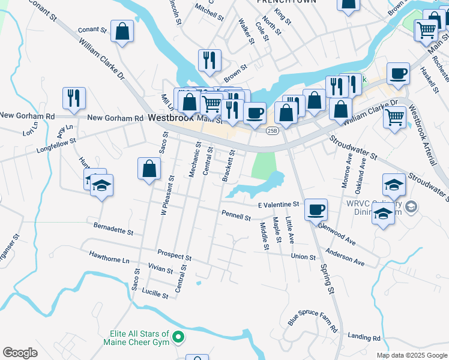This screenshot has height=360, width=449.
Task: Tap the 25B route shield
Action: pyautogui.click(x=273, y=131)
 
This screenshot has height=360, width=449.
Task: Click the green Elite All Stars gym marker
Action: pyautogui.click(x=178, y=338)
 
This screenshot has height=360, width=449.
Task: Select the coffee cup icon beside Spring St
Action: pyautogui.click(x=316, y=210)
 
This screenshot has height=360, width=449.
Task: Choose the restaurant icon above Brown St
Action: pyautogui.click(x=209, y=60)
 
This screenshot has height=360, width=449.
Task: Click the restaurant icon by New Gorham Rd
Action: pyautogui.click(x=74, y=98)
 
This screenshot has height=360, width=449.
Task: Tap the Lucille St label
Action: pyautogui.click(x=155, y=294)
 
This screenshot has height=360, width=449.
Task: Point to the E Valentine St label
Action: pyautogui.click(x=278, y=205)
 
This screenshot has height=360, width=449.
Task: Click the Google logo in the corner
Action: pyautogui.click(x=20, y=353)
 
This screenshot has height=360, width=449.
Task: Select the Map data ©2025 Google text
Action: pyautogui.click(x=412, y=355)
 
